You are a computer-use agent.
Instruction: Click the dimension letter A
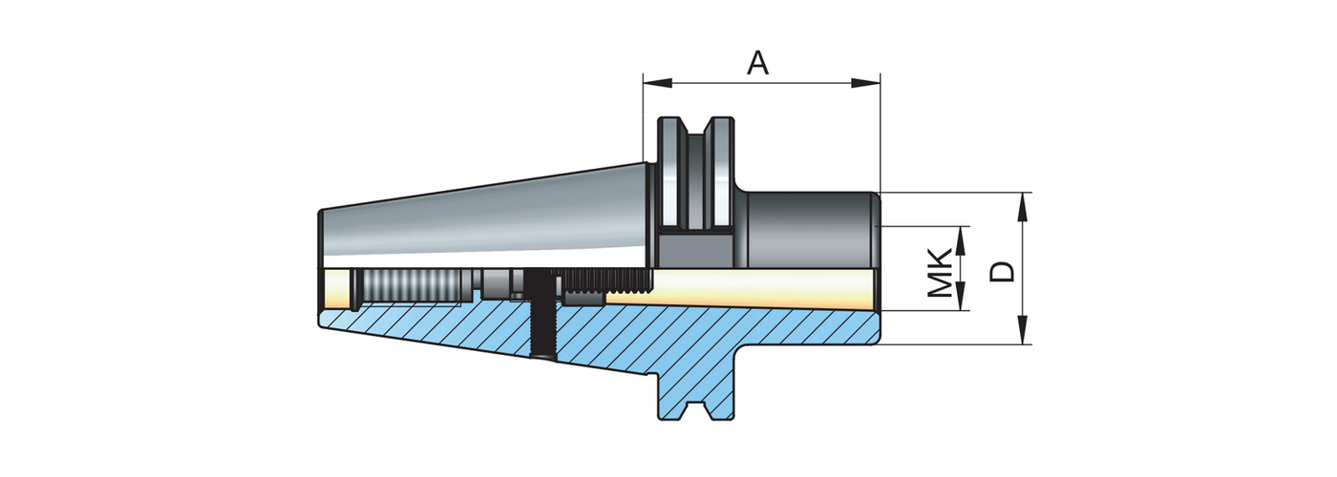click(x=757, y=63)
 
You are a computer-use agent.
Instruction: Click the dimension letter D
click(x=1002, y=271)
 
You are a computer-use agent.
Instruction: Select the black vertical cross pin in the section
click(x=542, y=315)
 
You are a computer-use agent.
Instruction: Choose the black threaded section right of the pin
click(x=605, y=280)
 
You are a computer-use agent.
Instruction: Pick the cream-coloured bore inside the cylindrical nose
click(x=764, y=286)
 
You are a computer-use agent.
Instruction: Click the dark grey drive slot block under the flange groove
click(x=696, y=250)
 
